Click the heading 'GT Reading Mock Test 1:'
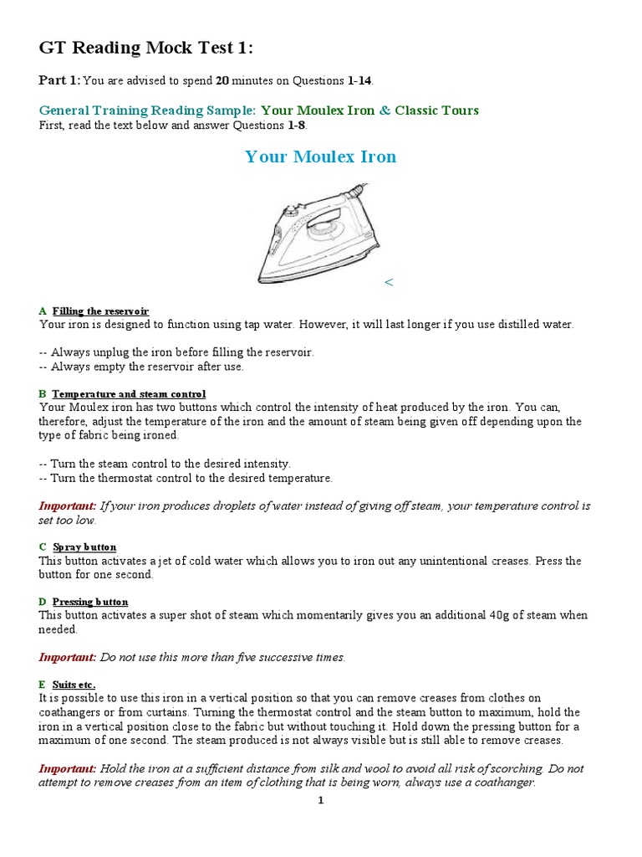point(145,49)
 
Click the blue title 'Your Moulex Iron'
point(320,157)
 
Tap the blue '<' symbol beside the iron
point(388,283)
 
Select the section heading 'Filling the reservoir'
point(100,311)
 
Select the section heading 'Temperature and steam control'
point(129,393)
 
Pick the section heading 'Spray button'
point(84,547)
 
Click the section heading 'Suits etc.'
point(74,684)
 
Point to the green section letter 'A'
point(43,311)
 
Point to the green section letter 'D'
point(43,602)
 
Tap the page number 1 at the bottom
point(320,800)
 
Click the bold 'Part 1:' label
point(59,80)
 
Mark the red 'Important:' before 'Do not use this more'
point(68,657)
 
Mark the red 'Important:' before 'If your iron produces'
point(68,506)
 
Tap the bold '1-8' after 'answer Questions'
point(297,126)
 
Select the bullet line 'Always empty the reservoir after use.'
point(142,367)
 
